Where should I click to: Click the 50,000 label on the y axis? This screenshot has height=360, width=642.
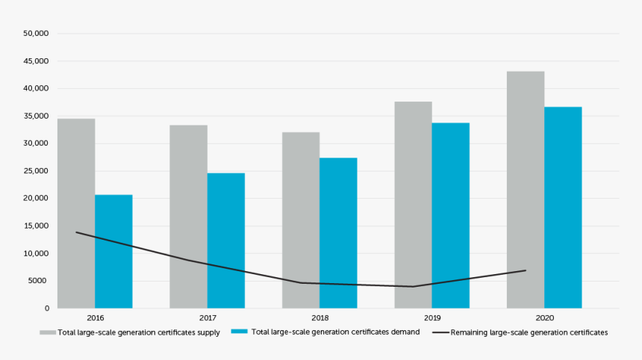click(x=36, y=34)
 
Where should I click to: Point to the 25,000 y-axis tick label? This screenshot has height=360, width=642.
click(x=36, y=171)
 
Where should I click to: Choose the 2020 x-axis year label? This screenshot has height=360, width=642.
click(x=544, y=317)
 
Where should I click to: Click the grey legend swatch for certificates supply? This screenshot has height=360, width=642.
click(x=48, y=332)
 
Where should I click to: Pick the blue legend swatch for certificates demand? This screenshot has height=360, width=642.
click(x=239, y=332)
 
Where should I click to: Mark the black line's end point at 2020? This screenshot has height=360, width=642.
click(x=526, y=270)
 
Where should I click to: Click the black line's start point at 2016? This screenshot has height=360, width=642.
click(x=76, y=232)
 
